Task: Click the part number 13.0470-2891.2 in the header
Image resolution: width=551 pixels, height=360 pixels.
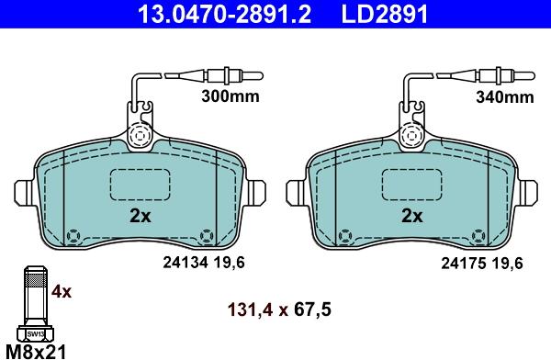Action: tap(224, 14)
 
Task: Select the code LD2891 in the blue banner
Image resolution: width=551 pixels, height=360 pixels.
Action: tap(385, 14)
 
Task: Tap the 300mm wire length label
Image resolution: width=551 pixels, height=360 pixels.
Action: tap(231, 96)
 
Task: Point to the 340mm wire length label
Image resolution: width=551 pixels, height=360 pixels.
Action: tap(504, 96)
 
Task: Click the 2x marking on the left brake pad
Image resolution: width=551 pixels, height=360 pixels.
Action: tap(141, 216)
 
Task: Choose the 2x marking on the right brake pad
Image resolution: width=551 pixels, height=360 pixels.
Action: tap(412, 216)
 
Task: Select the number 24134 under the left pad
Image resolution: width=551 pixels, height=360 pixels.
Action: tap(186, 263)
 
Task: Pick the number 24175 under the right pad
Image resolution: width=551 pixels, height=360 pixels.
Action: tap(464, 263)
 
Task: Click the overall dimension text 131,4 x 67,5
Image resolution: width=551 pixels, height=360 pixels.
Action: tap(279, 310)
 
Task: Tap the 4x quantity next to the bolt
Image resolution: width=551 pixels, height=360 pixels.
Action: tap(62, 291)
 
